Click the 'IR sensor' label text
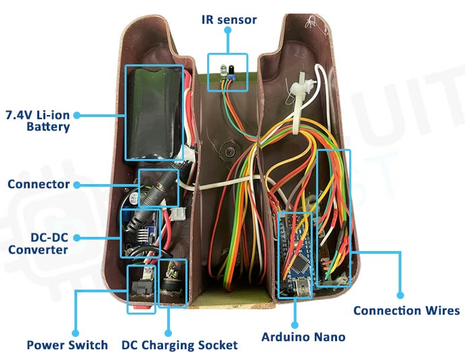pos(229,20)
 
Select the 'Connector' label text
pos(39,184)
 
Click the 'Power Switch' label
pos(67,345)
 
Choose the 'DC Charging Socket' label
pos(179,345)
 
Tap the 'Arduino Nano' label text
pos(303,337)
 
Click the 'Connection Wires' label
pos(407,311)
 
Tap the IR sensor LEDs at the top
pos(227,71)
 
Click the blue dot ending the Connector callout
pos(76,184)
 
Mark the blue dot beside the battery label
pos(76,115)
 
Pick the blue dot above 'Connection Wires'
pos(400,296)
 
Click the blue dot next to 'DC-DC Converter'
pos(76,238)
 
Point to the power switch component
pos(143,285)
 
